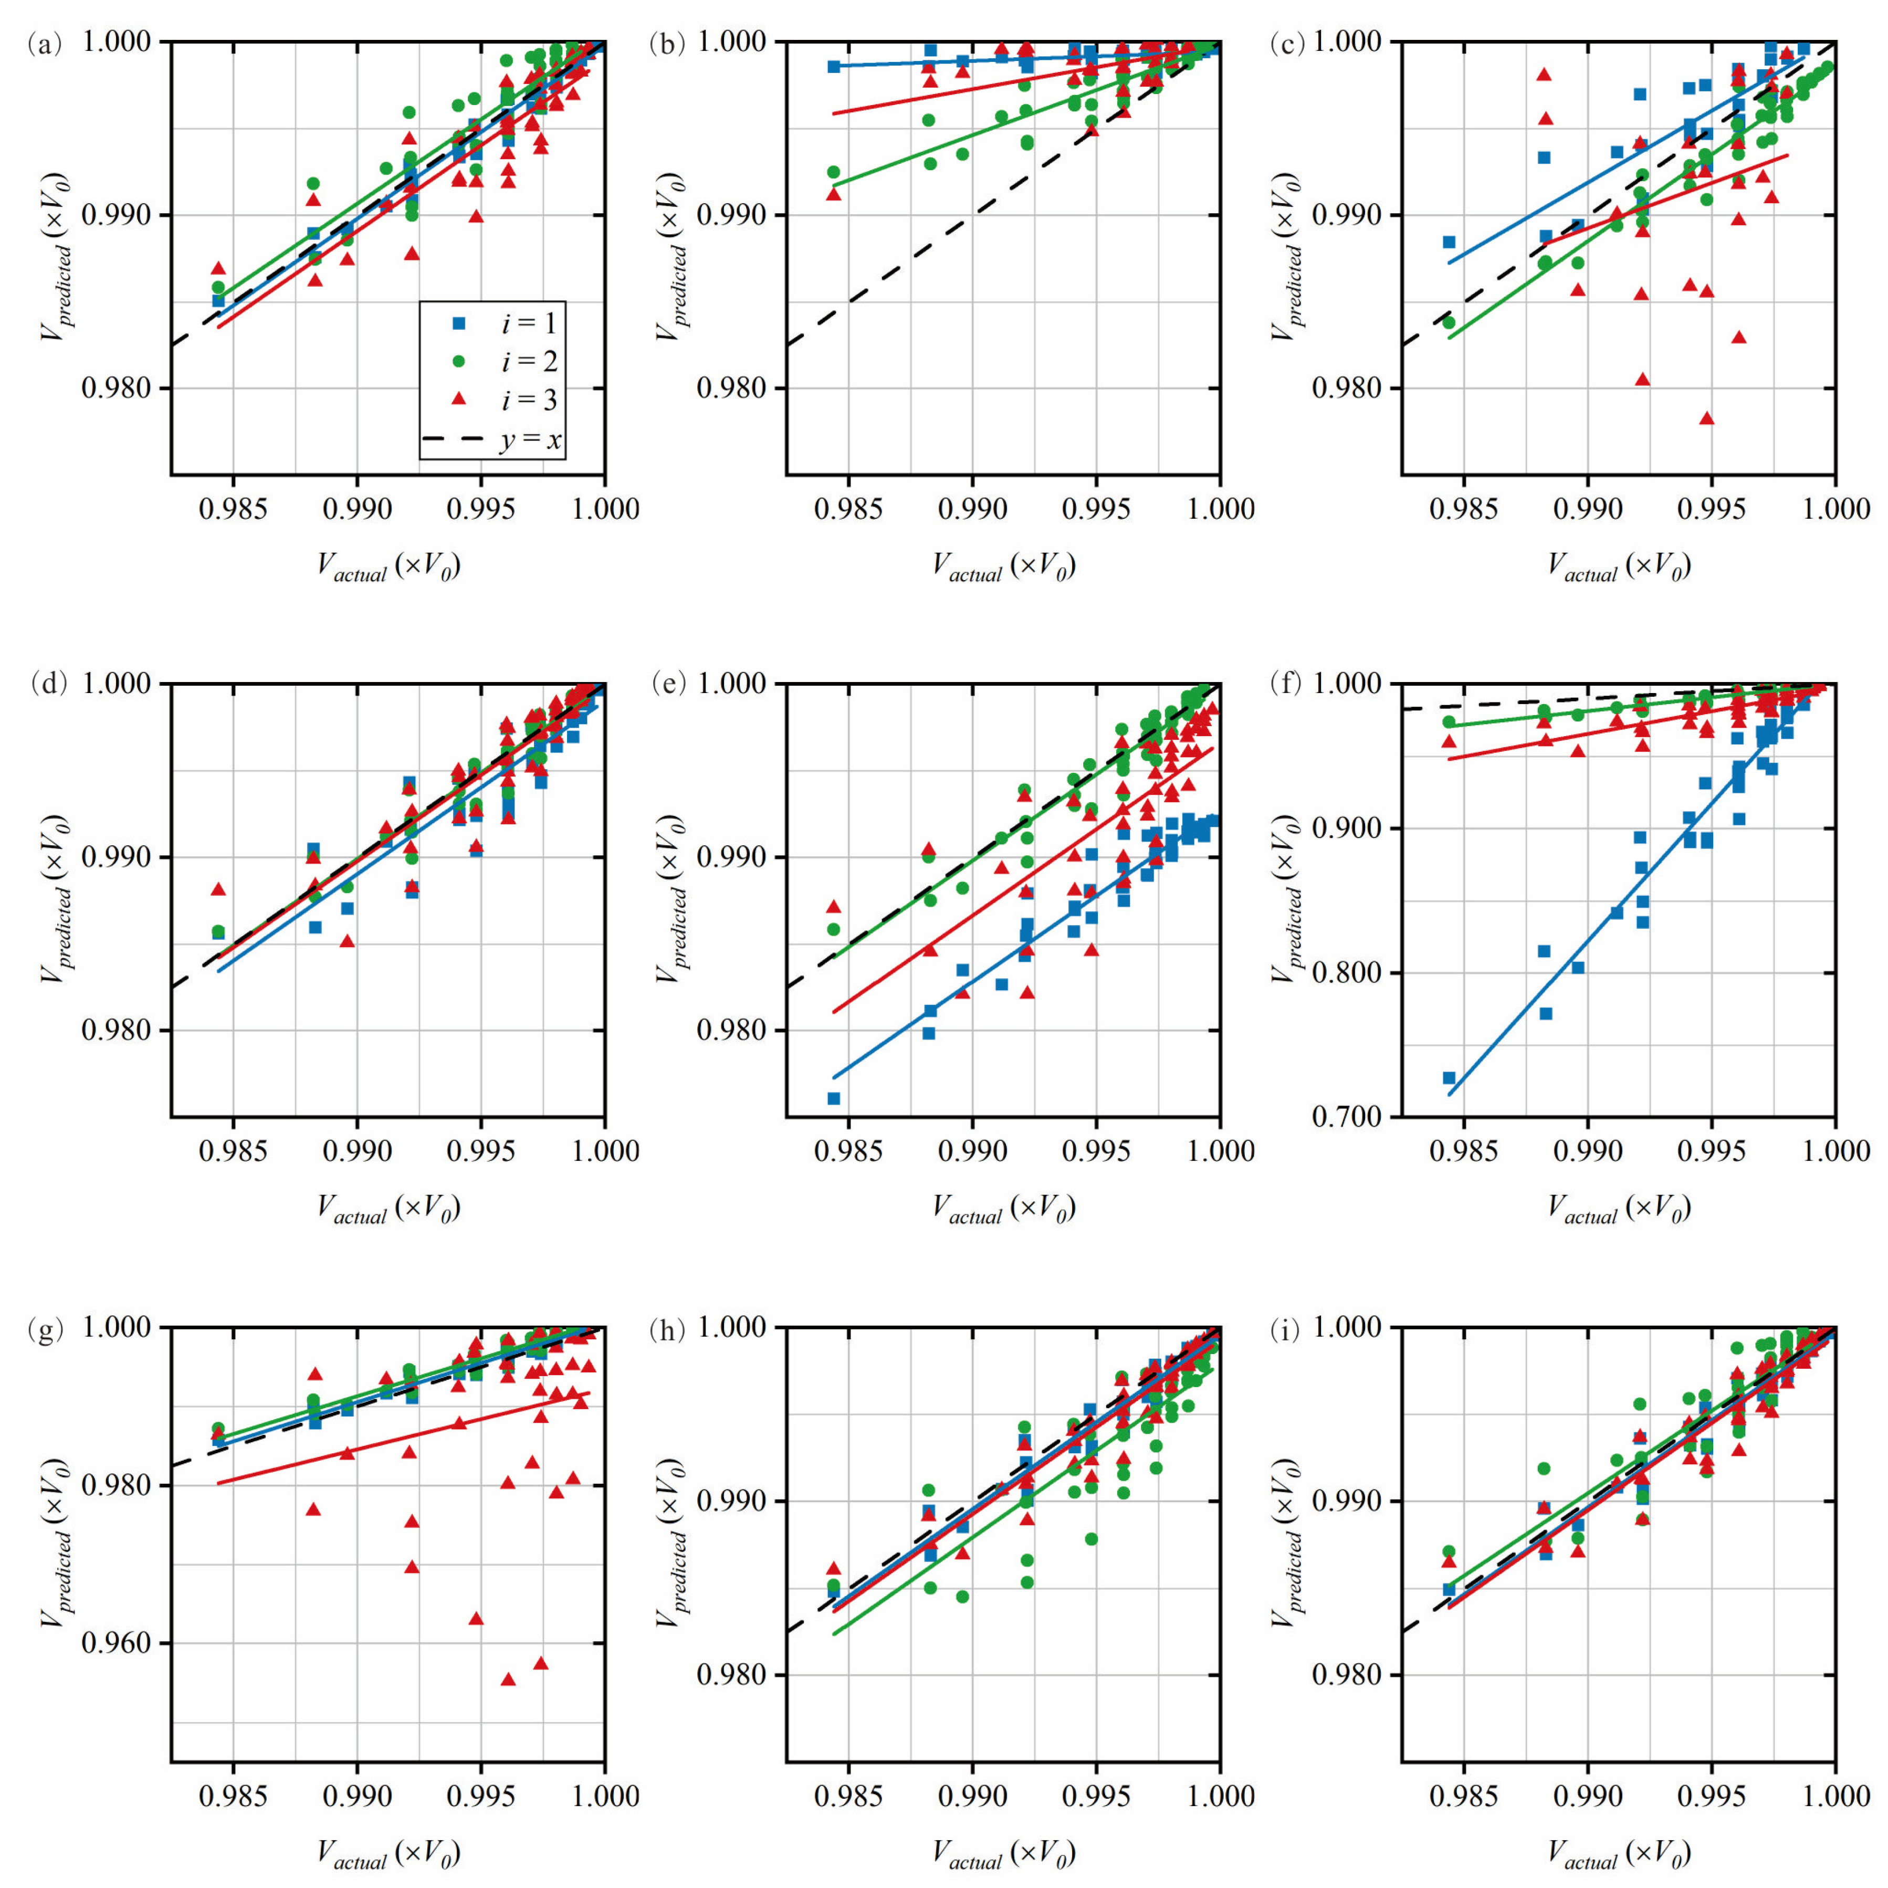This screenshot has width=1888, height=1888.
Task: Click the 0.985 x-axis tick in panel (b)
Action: click(x=848, y=509)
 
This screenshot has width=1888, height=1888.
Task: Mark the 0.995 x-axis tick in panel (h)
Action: click(x=1096, y=1794)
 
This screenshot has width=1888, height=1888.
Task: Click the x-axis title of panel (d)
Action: click(x=388, y=1210)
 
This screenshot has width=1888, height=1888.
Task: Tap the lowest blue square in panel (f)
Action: click(x=1449, y=1078)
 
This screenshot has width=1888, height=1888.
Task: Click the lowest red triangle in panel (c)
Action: click(x=1707, y=418)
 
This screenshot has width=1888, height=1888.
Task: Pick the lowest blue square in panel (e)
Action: click(x=834, y=1098)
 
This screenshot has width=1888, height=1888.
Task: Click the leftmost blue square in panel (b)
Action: click(x=834, y=67)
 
